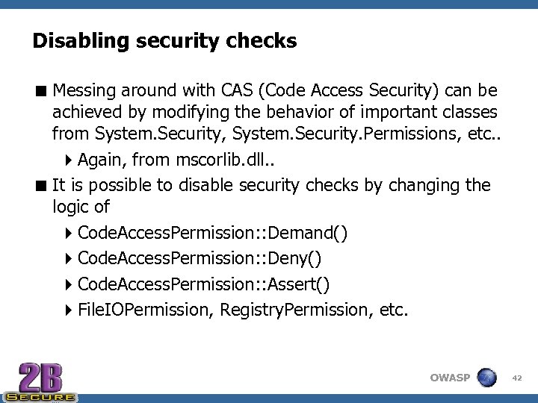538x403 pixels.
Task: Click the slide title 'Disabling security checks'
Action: pyautogui.click(x=164, y=40)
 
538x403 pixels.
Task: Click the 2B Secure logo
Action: pyautogui.click(x=40, y=380)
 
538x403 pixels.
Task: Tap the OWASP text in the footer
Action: pyautogui.click(x=450, y=378)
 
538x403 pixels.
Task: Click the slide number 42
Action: pyautogui.click(x=516, y=378)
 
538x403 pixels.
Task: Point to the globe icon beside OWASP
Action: pyautogui.click(x=487, y=377)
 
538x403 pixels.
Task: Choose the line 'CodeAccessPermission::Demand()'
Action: pyautogui.click(x=212, y=234)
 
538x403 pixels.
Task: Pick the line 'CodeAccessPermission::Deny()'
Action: pyautogui.click(x=200, y=259)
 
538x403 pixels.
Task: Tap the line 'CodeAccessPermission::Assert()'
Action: pyautogui.click(x=203, y=284)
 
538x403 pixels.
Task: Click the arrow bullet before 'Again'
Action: pyautogui.click(x=68, y=160)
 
